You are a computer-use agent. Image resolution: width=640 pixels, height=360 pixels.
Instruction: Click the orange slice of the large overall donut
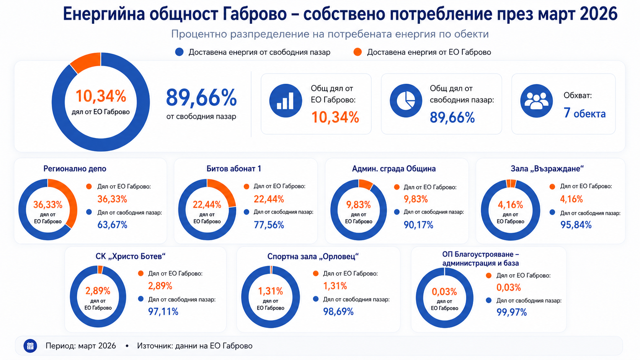[86, 62]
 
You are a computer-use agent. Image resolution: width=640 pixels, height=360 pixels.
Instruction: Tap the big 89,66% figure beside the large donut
[201, 98]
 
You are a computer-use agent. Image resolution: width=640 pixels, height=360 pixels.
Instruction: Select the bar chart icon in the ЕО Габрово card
[286, 101]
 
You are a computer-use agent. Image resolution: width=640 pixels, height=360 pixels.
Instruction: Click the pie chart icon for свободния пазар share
[406, 101]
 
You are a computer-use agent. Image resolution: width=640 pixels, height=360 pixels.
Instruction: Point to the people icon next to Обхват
[536, 101]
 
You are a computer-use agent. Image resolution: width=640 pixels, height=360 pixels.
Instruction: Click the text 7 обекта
[584, 113]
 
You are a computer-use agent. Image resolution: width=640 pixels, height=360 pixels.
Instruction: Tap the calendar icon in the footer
[30, 346]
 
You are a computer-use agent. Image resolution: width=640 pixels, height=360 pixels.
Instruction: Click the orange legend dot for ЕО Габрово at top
[358, 52]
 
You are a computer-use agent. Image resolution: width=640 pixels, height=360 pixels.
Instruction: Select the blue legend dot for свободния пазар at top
[179, 52]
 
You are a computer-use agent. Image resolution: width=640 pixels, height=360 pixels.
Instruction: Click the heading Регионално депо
[75, 169]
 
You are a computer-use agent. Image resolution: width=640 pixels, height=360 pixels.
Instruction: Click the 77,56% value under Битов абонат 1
[269, 225]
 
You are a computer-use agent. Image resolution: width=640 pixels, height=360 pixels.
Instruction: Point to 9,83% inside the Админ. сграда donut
[359, 205]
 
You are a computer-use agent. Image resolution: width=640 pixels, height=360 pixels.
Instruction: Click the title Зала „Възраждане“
[547, 169]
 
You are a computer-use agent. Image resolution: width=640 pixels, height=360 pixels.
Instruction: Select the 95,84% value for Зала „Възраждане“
[576, 225]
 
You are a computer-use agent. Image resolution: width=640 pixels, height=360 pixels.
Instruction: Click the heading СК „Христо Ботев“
[131, 256]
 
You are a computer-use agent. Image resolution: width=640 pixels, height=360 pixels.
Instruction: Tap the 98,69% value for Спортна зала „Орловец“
[338, 311]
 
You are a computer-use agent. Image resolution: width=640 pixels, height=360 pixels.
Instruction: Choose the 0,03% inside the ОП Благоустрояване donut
[444, 292]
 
